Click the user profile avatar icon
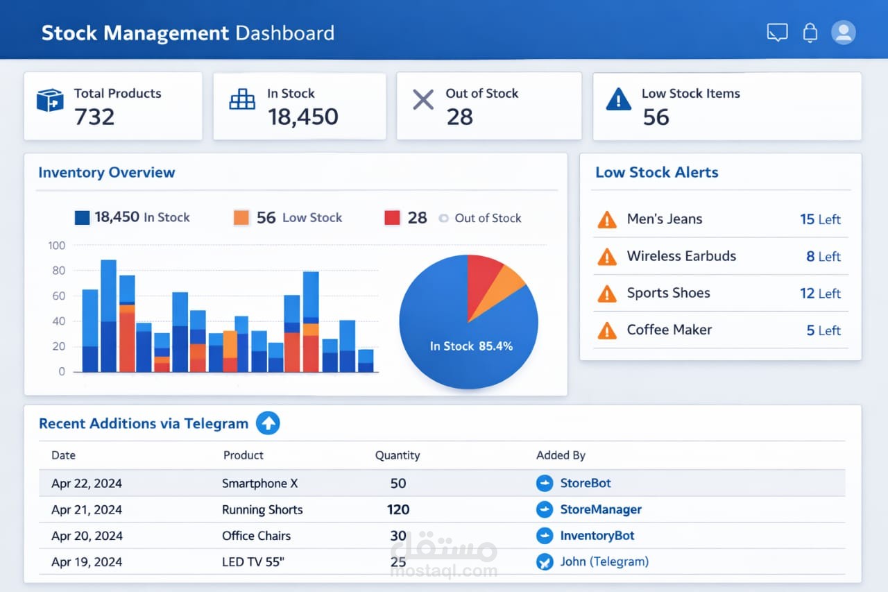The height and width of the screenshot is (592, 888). click(x=843, y=33)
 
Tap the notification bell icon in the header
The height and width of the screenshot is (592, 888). click(x=810, y=33)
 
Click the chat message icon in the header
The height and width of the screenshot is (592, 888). click(x=777, y=33)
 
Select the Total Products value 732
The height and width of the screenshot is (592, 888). click(x=94, y=117)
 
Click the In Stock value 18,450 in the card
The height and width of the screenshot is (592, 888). click(x=303, y=117)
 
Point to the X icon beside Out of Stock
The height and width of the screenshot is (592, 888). click(x=423, y=99)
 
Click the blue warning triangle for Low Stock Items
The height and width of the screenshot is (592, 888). click(x=618, y=99)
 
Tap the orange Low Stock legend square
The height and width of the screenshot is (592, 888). click(x=241, y=217)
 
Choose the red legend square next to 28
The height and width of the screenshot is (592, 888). click(x=392, y=217)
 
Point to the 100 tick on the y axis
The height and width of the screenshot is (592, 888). click(x=57, y=246)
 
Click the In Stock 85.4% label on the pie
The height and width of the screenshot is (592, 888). click(x=471, y=346)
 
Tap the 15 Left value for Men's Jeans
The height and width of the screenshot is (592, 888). click(x=820, y=219)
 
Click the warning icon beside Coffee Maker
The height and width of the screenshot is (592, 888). click(x=607, y=330)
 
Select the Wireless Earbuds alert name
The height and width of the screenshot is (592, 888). click(x=681, y=256)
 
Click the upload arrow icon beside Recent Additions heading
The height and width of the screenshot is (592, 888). click(x=268, y=423)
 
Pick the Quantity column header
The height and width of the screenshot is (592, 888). click(x=398, y=455)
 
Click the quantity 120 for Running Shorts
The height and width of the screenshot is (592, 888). click(x=398, y=509)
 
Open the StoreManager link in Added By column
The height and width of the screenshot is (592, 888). click(x=601, y=509)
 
